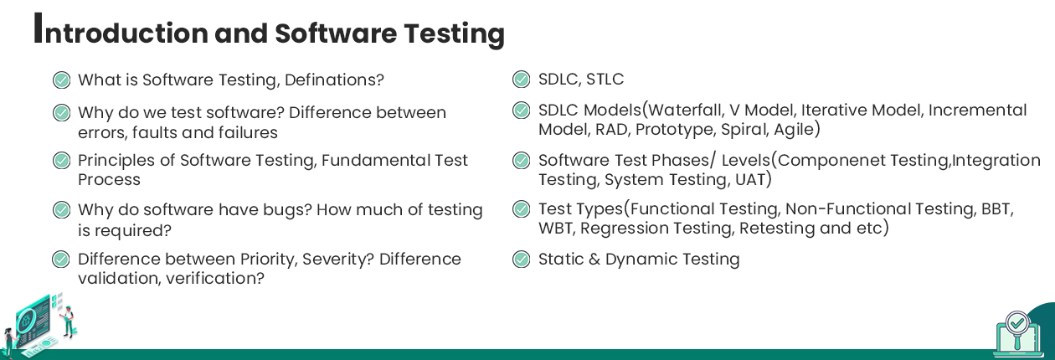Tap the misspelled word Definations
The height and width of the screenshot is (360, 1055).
(x=334, y=80)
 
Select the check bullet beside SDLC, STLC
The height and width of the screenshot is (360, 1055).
(x=521, y=80)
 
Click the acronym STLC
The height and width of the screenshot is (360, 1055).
(x=605, y=80)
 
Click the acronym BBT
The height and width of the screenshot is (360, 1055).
(x=996, y=208)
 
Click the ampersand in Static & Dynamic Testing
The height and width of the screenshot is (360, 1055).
(x=594, y=260)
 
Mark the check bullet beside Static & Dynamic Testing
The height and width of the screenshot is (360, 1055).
(x=521, y=260)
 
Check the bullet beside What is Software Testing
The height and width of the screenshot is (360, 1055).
(x=61, y=80)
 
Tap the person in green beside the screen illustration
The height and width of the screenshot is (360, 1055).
(x=69, y=321)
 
